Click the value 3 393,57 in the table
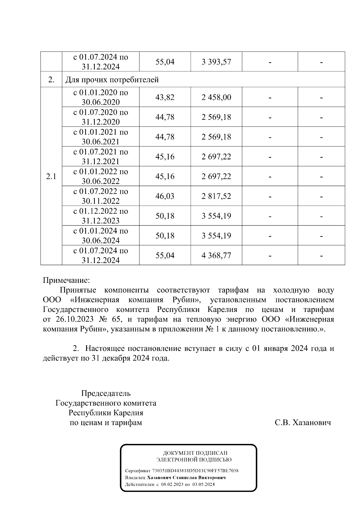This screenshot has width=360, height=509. [216, 62]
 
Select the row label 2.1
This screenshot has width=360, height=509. [51, 177]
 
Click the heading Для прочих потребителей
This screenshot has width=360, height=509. [112, 80]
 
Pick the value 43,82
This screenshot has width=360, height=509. [165, 97]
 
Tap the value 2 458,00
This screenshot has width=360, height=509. [216, 97]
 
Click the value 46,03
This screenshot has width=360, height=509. [165, 196]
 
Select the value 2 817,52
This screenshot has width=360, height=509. [216, 196]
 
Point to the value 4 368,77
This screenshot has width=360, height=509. [216, 256]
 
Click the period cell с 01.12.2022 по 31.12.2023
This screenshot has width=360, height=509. [100, 216]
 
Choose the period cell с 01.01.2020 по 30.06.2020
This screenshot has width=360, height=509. [100, 97]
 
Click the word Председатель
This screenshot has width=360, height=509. [106, 393]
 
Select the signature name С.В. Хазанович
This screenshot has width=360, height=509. [303, 423]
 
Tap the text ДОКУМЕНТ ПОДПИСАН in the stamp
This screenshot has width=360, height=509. [195, 453]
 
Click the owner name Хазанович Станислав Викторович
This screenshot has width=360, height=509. [186, 478]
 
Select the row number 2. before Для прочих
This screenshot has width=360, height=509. [51, 80]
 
